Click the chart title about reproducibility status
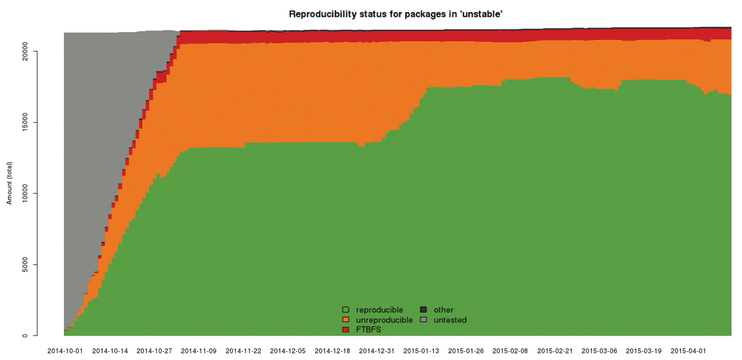point(395,14)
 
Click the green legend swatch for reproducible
point(346,310)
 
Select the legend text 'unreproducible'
point(384,320)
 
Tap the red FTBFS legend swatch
point(346,330)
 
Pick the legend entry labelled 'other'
point(444,310)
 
